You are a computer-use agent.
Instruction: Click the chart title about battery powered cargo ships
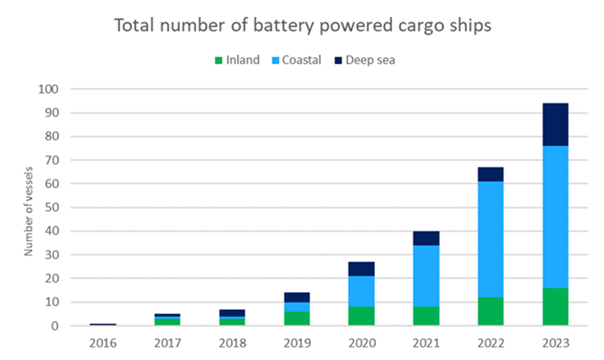click(302, 26)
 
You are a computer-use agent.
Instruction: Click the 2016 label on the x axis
click(102, 343)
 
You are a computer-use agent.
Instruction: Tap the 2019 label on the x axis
click(297, 343)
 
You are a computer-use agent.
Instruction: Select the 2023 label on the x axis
click(555, 343)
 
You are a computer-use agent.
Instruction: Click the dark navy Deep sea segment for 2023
click(555, 124)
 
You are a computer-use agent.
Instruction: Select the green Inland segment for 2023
click(555, 306)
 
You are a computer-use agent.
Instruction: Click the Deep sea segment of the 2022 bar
click(490, 174)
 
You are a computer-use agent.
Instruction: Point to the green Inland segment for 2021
click(426, 316)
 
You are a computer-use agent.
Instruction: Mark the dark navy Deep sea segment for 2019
click(297, 297)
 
